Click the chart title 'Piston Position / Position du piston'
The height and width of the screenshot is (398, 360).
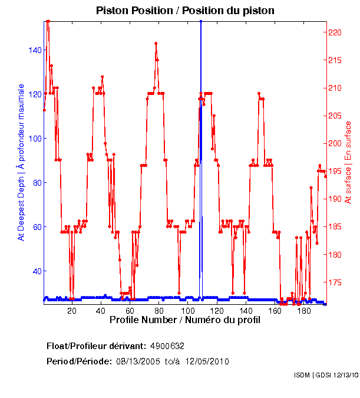[x=185, y=11]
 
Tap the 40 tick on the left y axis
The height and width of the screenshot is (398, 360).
[x=35, y=271]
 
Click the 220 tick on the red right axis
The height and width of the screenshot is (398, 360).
[x=334, y=32]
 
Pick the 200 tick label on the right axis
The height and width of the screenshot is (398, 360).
[x=334, y=143]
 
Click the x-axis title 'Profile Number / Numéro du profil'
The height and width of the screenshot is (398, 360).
[x=185, y=320]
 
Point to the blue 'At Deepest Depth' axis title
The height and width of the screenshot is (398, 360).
[x=21, y=162]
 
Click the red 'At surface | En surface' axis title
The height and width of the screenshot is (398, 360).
[x=348, y=162]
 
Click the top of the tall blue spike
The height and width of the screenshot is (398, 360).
[x=201, y=22]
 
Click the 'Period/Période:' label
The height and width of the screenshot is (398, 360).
[x=78, y=361]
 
